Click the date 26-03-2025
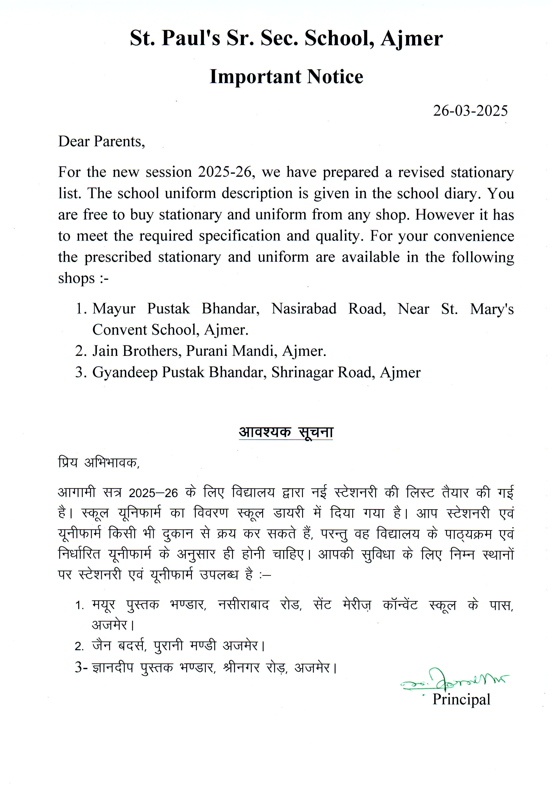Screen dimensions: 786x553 (470, 111)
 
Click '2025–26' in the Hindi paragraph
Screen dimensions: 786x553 (153, 493)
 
